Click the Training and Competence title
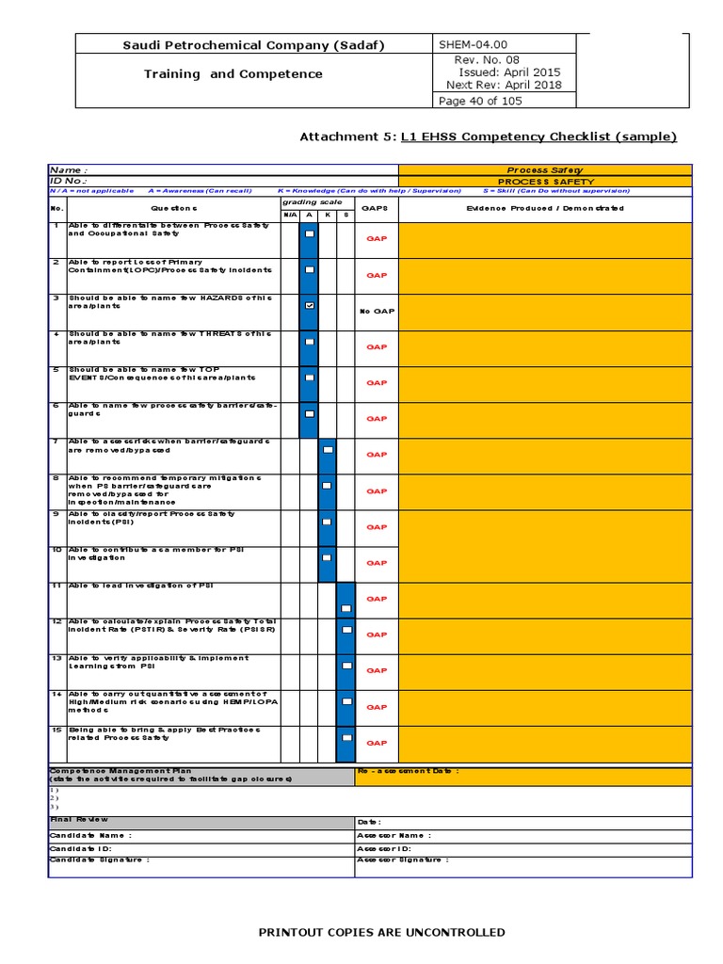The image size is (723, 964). click(233, 73)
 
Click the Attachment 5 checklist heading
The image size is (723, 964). click(488, 137)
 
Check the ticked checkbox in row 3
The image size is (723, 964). click(309, 306)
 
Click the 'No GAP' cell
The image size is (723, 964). click(377, 311)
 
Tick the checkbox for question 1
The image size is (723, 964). click(309, 234)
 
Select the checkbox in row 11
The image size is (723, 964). click(345, 609)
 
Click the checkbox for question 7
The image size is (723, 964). click(327, 450)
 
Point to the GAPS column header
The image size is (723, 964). click(376, 208)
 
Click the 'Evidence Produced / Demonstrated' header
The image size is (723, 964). click(544, 208)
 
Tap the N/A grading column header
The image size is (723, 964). click(289, 216)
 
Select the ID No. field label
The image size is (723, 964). click(69, 180)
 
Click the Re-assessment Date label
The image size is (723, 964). click(409, 771)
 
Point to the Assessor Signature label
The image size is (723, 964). click(403, 860)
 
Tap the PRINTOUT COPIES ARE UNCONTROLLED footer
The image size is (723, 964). click(381, 932)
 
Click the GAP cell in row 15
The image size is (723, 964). click(377, 743)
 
